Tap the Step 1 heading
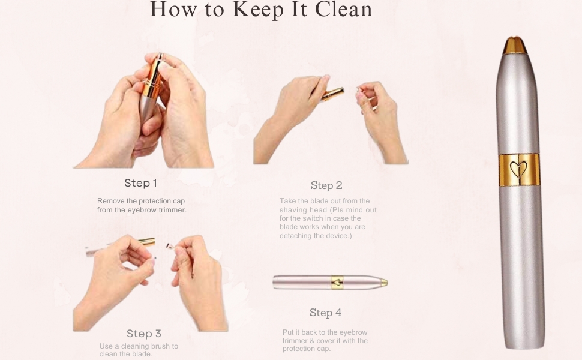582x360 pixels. click(x=141, y=183)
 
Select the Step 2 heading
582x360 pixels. click(x=326, y=185)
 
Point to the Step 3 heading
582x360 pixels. click(x=143, y=334)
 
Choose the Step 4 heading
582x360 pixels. click(x=325, y=313)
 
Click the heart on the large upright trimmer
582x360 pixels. click(x=520, y=169)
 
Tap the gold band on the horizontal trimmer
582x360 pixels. click(x=338, y=282)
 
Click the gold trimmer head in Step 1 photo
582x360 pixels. click(x=153, y=78)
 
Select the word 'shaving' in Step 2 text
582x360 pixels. click(x=292, y=210)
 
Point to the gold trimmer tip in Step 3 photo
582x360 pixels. click(x=146, y=242)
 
